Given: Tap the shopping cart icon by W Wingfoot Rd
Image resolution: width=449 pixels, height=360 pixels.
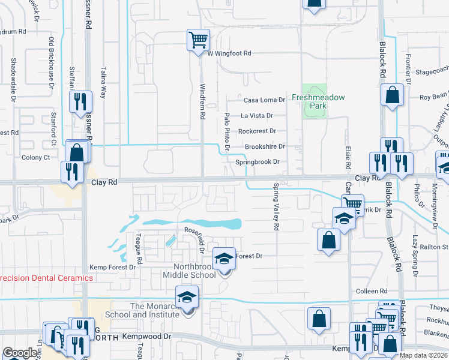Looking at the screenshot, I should (x=198, y=40).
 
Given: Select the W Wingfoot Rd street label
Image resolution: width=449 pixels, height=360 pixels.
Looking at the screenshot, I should (x=229, y=53).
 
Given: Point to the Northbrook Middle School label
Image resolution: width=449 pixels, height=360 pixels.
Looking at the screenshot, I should (x=189, y=271).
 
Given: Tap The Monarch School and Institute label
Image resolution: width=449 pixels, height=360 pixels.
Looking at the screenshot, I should (x=143, y=310).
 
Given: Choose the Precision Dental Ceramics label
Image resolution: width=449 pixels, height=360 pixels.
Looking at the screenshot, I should (x=46, y=278).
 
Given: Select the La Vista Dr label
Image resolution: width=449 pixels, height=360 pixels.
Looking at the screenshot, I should (x=257, y=115).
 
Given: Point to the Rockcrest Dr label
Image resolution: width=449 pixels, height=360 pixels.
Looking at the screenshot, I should (x=257, y=131).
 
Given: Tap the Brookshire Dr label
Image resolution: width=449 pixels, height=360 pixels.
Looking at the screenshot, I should (x=264, y=146).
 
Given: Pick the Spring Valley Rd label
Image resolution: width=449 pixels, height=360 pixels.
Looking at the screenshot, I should (x=277, y=207).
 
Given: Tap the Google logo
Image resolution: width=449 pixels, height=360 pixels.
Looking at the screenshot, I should (x=20, y=353).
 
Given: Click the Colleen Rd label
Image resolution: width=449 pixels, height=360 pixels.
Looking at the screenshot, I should (x=367, y=291).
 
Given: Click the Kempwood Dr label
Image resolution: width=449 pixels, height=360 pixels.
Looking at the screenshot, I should (x=146, y=337).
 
